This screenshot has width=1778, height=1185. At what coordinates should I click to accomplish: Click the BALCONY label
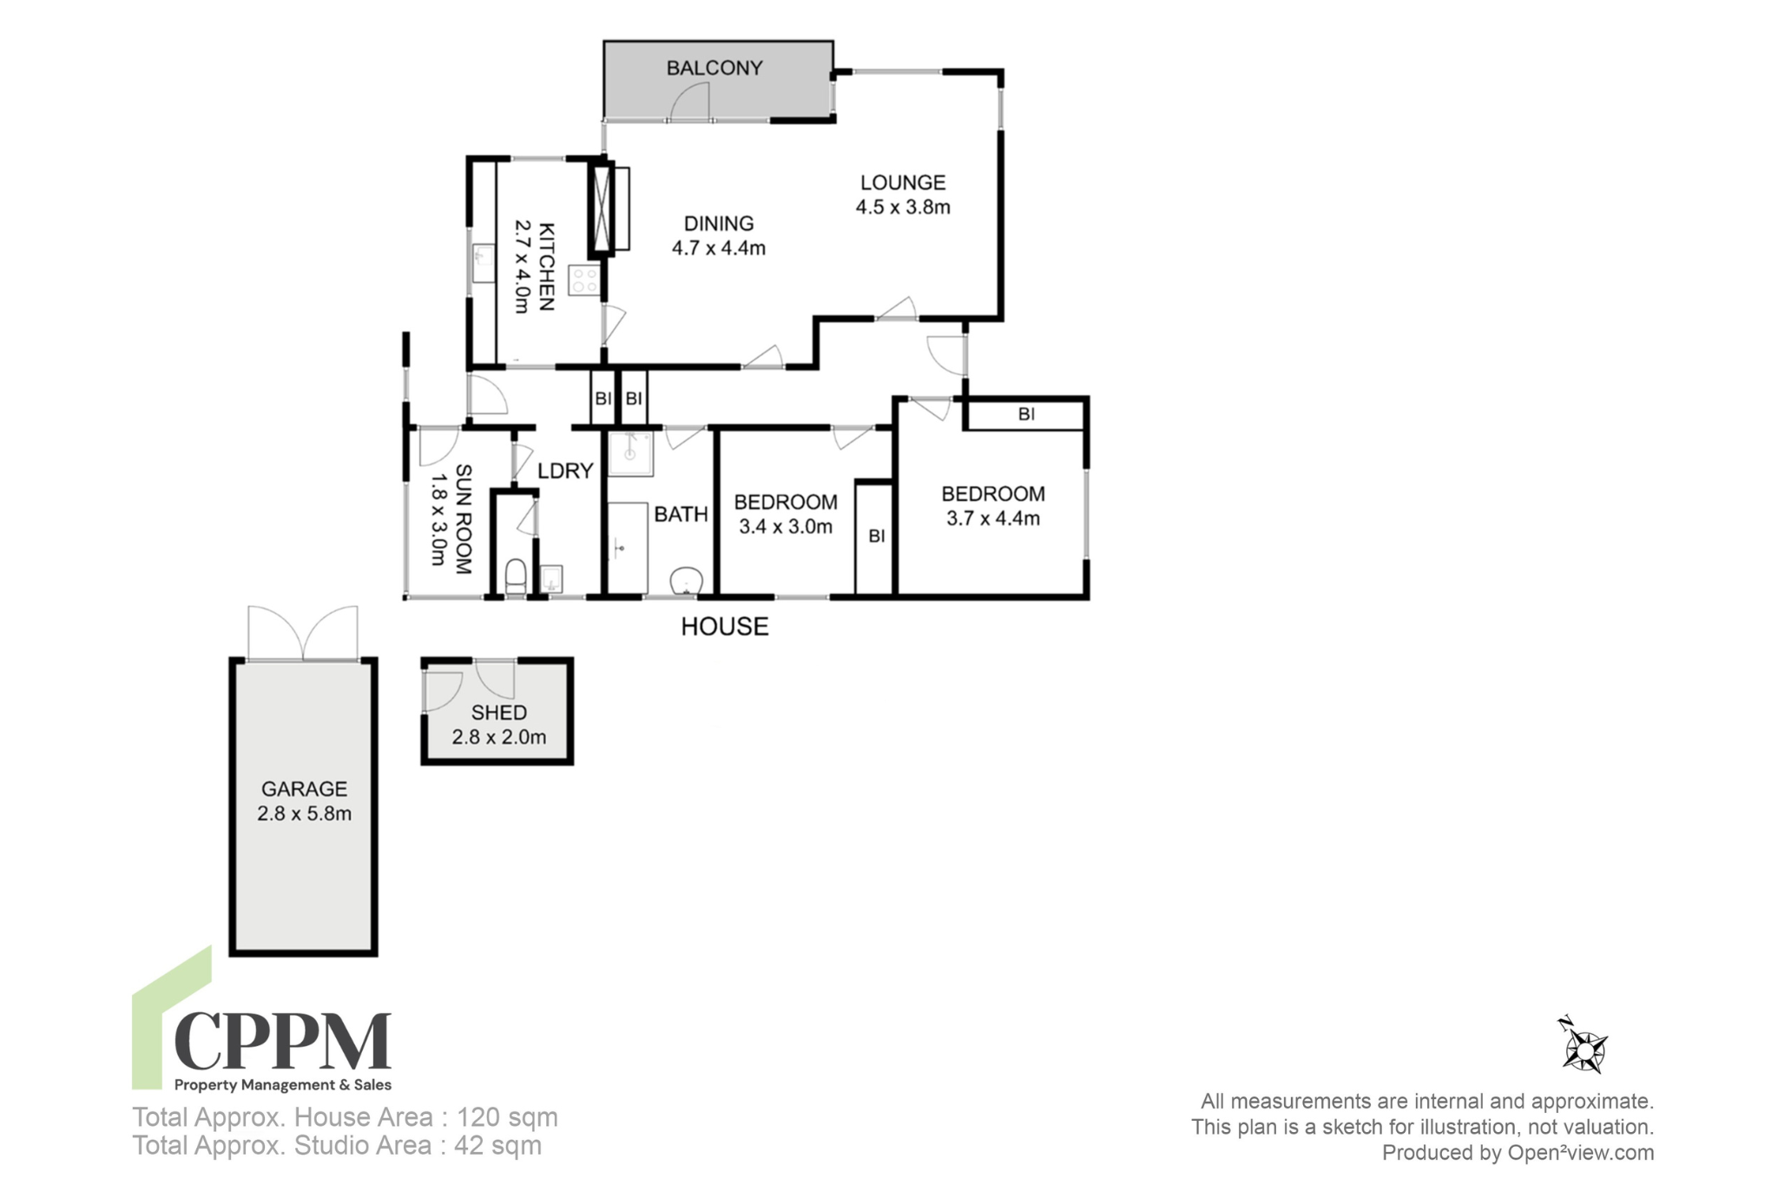(x=714, y=68)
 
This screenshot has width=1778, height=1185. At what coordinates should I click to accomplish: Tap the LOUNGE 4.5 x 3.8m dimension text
(x=903, y=207)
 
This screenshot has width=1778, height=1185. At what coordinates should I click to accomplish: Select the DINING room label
(x=719, y=224)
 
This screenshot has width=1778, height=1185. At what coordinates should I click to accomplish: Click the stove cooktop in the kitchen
(x=583, y=280)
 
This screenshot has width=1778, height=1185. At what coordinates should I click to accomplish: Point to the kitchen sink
(x=483, y=263)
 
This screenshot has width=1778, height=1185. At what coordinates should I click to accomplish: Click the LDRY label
(x=565, y=471)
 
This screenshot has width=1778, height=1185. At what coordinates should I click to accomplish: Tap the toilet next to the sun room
(x=516, y=576)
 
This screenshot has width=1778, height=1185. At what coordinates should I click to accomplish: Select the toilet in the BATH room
(x=687, y=580)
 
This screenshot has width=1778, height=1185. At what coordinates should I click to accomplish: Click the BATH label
(x=682, y=515)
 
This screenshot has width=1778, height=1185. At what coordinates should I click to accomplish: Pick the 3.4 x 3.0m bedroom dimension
(x=786, y=527)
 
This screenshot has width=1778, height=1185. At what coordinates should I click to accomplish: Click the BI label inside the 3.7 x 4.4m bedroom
(x=1027, y=415)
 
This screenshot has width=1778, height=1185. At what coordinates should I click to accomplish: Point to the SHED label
(x=499, y=713)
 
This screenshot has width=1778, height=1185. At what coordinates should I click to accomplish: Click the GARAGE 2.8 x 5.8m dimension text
(x=304, y=814)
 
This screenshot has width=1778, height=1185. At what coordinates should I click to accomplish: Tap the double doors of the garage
(x=303, y=633)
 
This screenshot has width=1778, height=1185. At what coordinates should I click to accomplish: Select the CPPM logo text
(x=283, y=1040)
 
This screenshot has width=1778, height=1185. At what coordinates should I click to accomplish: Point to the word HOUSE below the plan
(x=725, y=627)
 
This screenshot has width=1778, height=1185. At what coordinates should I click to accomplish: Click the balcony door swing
(x=691, y=104)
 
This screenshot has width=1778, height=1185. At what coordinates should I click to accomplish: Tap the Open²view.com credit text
(x=1581, y=1153)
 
